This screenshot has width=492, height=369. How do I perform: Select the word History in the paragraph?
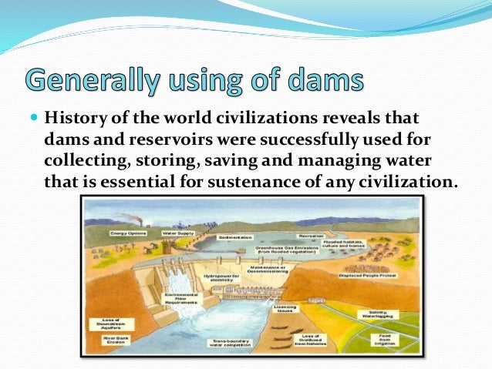[75, 119]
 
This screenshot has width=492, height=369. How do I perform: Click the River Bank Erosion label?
[109, 336]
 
